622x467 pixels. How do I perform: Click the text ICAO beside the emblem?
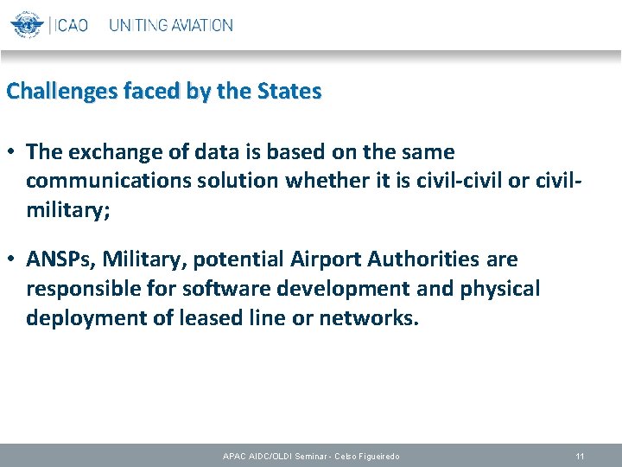[x=72, y=25]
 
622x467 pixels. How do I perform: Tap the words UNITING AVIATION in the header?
[x=170, y=25]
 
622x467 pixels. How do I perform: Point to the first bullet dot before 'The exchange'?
[x=13, y=152]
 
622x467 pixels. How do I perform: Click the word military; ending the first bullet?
[x=68, y=211]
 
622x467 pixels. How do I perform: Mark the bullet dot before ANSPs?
[x=13, y=259]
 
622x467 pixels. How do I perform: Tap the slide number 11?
[x=580, y=456]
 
